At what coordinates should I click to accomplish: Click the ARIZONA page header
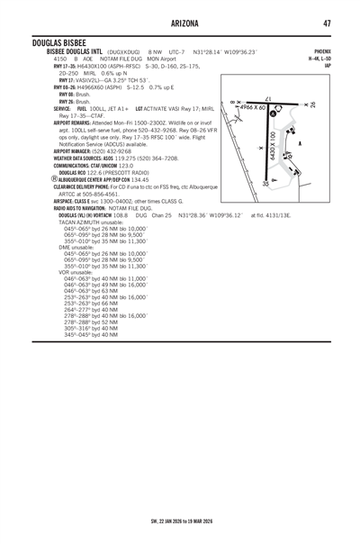click(x=180, y=23)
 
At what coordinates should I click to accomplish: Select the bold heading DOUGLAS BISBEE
click(x=59, y=44)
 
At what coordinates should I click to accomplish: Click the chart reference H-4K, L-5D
click(x=319, y=59)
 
